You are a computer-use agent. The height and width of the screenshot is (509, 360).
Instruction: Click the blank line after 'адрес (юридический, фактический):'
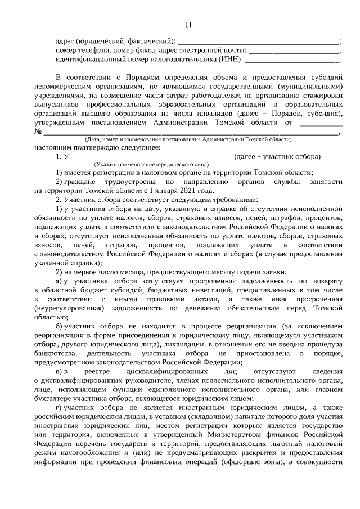click(x=258, y=42)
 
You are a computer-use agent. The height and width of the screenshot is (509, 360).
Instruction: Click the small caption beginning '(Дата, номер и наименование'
click(x=188, y=139)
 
